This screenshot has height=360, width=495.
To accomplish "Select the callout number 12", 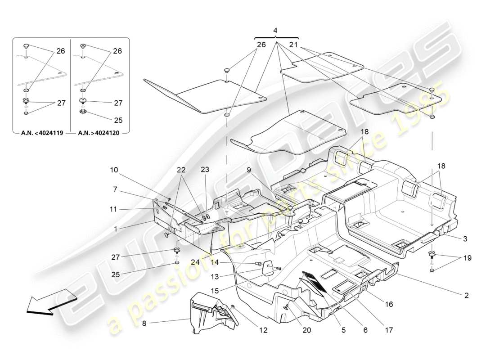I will point(263,330).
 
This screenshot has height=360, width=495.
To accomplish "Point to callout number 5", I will point(343,330).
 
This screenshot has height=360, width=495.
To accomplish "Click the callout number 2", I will point(466,296).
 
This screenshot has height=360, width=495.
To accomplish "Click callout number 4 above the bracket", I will point(276,31).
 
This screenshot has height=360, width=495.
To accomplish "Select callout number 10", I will point(114,171).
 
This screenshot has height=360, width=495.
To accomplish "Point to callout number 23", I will point(205,171).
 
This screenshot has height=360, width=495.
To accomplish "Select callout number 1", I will point(116,229).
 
